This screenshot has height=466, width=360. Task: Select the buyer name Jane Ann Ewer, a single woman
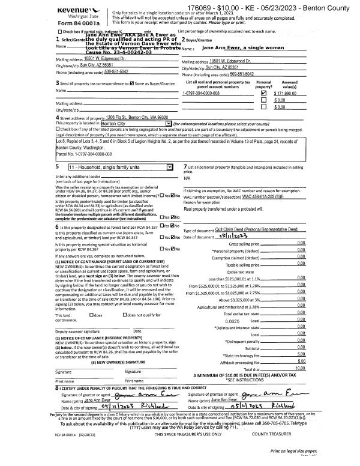pyautogui.click(x=239, y=47)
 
